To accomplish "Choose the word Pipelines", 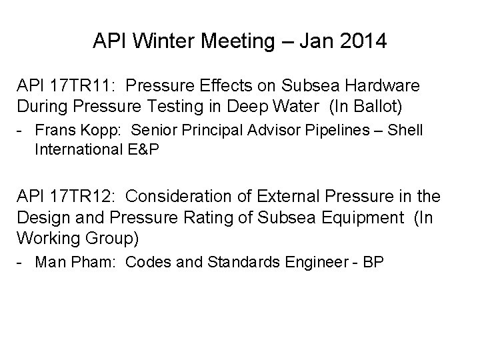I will pyautogui.click(x=324, y=130).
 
